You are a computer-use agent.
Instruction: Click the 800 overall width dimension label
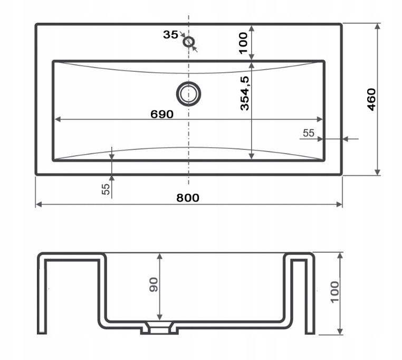click(x=188, y=198)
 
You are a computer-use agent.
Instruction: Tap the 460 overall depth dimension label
click(x=371, y=100)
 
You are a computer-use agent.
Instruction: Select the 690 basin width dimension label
click(x=162, y=114)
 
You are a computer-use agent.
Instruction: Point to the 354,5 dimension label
click(x=245, y=93)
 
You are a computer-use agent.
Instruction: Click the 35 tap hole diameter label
click(x=170, y=34)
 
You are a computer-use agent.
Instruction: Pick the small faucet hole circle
click(x=189, y=42)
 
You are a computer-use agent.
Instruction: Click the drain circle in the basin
click(x=188, y=94)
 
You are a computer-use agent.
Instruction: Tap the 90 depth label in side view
click(x=154, y=285)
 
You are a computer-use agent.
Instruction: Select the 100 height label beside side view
click(x=334, y=292)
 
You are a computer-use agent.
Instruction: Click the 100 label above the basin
click(x=243, y=43)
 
